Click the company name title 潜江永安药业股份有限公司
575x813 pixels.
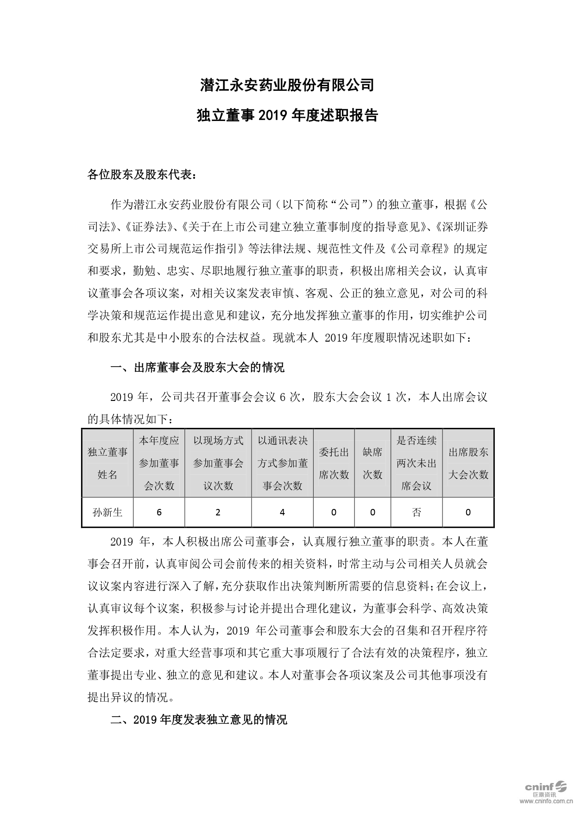[x=287, y=85]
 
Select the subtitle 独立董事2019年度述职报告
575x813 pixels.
[x=287, y=115]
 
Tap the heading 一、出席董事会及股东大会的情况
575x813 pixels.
[x=197, y=368]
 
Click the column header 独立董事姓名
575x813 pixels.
[x=107, y=463]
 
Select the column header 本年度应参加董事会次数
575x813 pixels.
[x=159, y=463]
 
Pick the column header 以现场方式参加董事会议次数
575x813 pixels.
[x=218, y=463]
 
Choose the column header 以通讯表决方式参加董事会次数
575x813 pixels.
[x=282, y=463]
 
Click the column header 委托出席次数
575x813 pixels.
[x=334, y=463]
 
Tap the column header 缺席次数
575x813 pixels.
[x=372, y=463]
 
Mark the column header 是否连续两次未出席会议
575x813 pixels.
[x=416, y=463]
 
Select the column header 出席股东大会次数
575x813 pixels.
[x=468, y=463]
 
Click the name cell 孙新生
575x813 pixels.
[x=107, y=512]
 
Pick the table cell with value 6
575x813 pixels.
[x=159, y=512]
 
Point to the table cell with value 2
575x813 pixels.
[x=218, y=512]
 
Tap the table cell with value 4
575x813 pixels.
[x=282, y=512]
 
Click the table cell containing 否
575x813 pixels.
[x=416, y=512]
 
